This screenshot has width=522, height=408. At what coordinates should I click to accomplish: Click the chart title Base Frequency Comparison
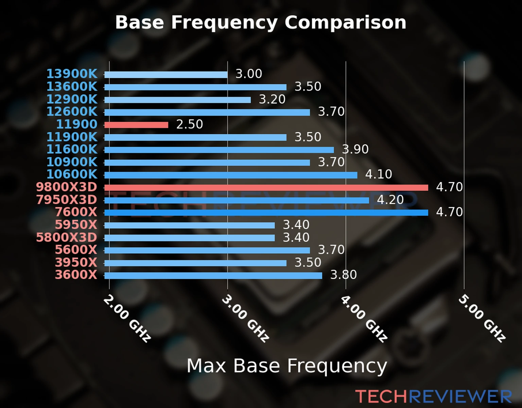click(261, 22)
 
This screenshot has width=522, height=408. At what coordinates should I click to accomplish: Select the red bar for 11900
click(136, 125)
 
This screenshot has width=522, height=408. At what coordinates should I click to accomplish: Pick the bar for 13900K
click(166, 74)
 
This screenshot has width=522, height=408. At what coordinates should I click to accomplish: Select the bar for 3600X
click(213, 275)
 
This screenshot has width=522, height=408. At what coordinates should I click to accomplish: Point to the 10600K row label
click(72, 174)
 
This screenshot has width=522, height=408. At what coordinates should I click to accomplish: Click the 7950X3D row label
click(67, 200)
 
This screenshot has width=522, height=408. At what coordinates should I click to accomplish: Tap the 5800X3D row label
click(67, 237)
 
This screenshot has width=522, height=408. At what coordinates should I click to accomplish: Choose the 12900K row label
click(72, 99)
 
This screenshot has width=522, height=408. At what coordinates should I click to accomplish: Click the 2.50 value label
click(189, 124)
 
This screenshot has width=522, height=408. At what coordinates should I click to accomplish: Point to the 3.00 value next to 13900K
click(249, 74)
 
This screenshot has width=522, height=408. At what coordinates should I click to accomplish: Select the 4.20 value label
click(390, 200)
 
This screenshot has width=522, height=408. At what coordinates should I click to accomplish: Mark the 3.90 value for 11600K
click(355, 149)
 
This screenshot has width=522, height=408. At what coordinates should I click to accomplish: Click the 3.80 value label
click(343, 275)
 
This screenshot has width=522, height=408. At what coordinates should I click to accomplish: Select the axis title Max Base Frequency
click(287, 366)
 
